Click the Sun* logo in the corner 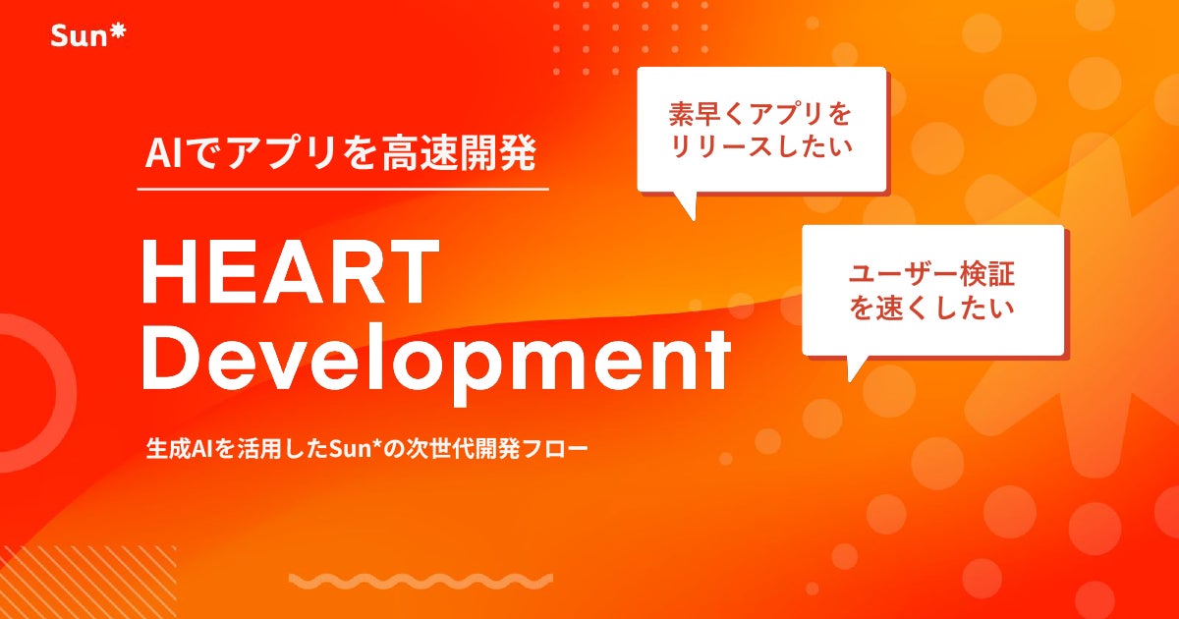coord(87,37)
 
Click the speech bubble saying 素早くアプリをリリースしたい coord(761,130)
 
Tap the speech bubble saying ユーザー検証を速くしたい coord(932,290)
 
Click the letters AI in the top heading coord(159,154)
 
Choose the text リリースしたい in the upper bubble coord(761,150)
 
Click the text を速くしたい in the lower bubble coord(932,309)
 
